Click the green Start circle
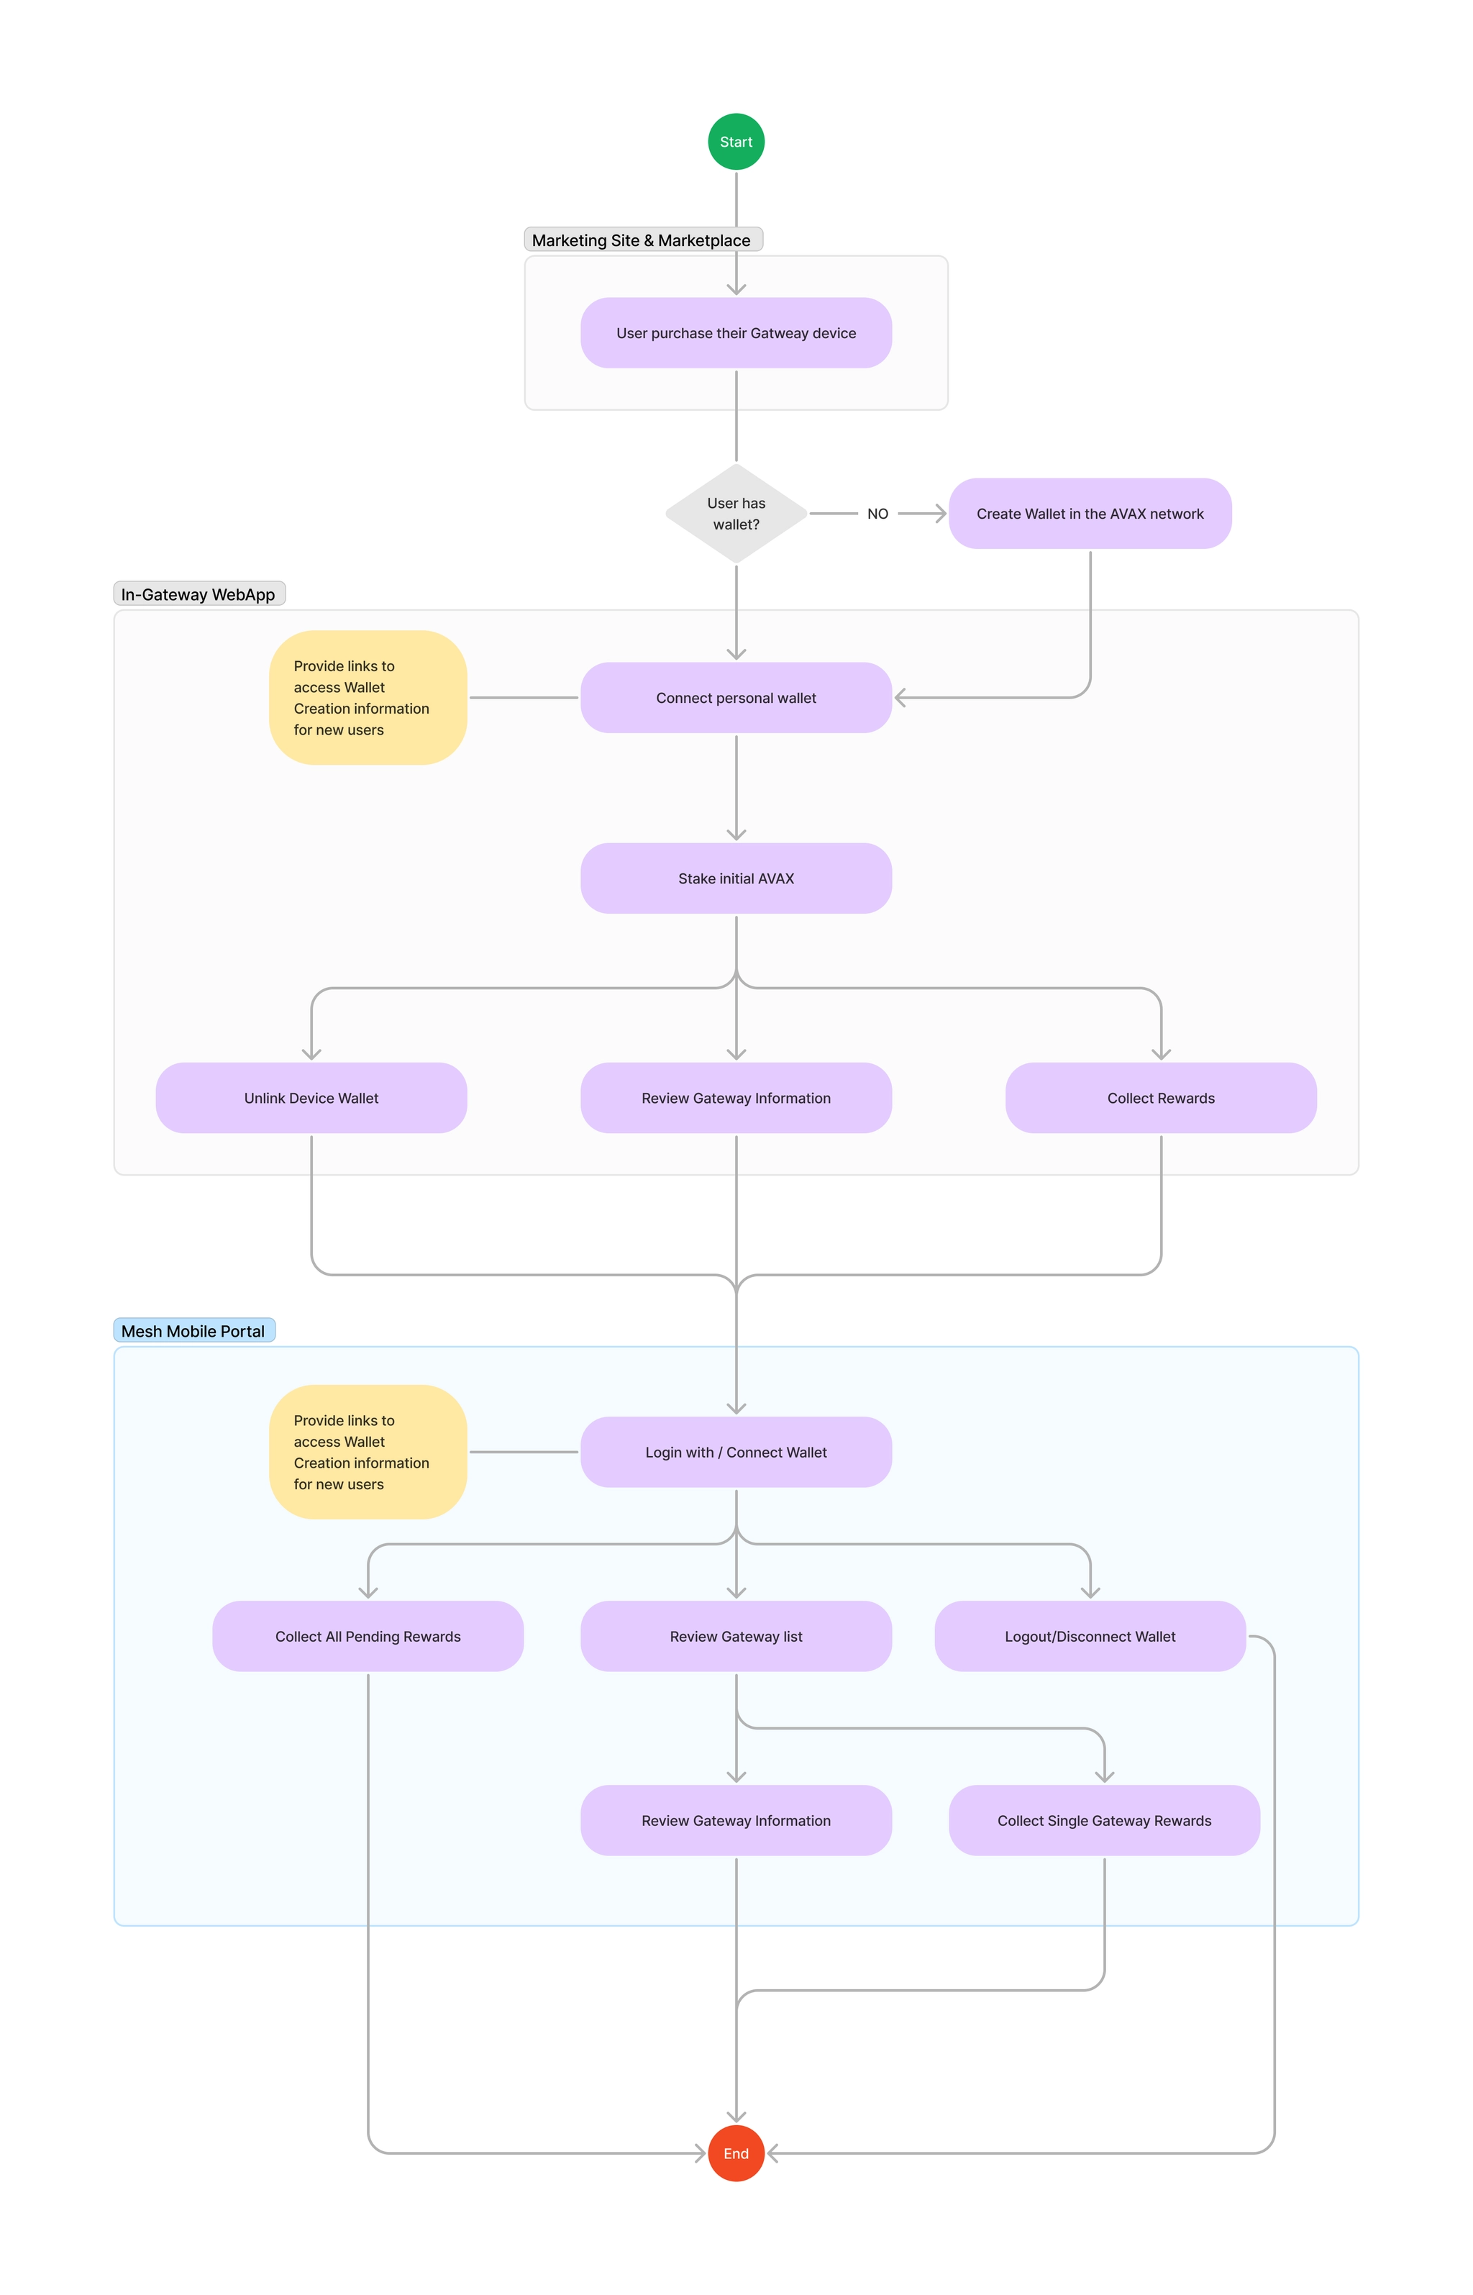click(736, 142)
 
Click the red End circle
click(736, 2153)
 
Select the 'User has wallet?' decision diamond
click(736, 514)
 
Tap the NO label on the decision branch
click(877, 514)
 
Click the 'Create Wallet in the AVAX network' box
click(1090, 514)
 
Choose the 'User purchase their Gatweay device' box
click(736, 333)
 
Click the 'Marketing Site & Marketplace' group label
click(642, 240)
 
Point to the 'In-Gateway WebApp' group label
click(198, 594)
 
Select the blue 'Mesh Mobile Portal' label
click(193, 1331)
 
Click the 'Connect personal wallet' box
click(736, 697)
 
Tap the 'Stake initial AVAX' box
click(736, 878)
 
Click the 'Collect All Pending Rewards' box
click(368, 1636)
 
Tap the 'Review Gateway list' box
click(736, 1636)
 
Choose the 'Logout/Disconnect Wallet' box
click(1090, 1636)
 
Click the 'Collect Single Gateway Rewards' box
click(1104, 1819)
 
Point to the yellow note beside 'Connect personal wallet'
click(368, 697)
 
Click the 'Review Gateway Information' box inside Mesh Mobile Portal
click(736, 1819)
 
